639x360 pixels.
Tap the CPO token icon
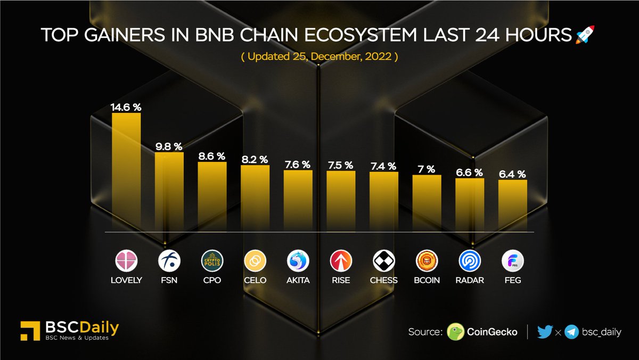(212, 261)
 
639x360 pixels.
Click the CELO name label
(255, 280)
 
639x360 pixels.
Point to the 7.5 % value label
(340, 165)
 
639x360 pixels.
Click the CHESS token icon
(383, 261)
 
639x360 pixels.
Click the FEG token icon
(513, 261)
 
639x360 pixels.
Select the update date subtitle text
(319, 57)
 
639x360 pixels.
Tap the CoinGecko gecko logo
(455, 332)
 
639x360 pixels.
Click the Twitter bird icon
(545, 332)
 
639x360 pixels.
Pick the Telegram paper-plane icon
(572, 332)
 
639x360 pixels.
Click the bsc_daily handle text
(602, 332)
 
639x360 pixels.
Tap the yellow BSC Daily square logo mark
(28, 330)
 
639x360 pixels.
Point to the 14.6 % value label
(126, 107)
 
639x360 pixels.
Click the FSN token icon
(169, 261)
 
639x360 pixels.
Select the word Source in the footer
(425, 332)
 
